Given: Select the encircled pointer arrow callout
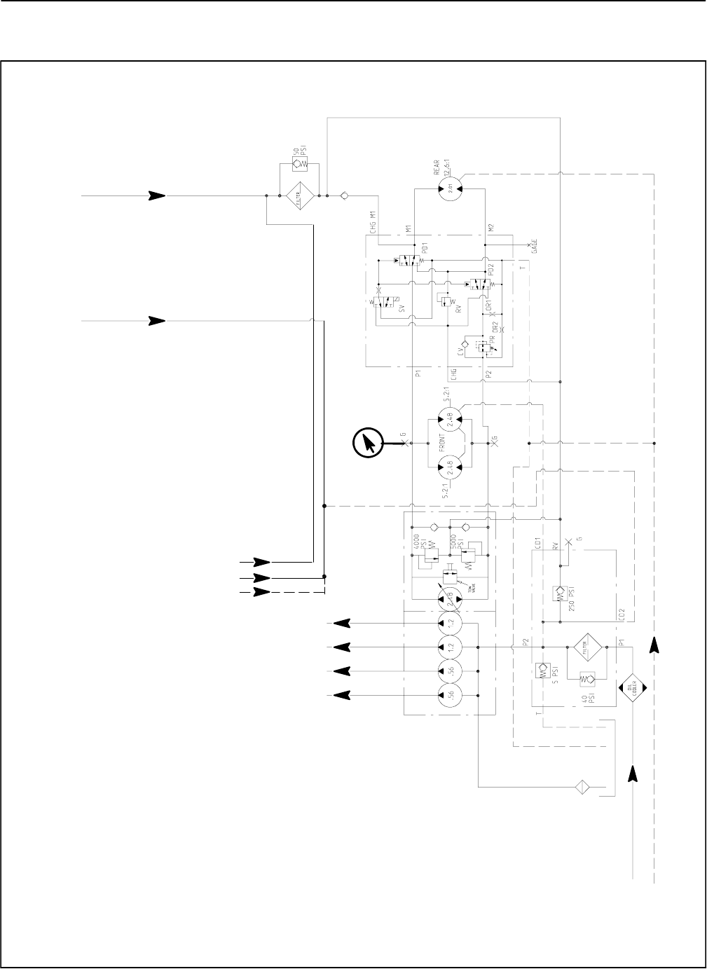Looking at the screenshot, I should coord(369,443).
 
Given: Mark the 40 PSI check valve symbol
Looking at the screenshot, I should coord(586,680).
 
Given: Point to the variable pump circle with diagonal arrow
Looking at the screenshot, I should coord(451,598).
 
